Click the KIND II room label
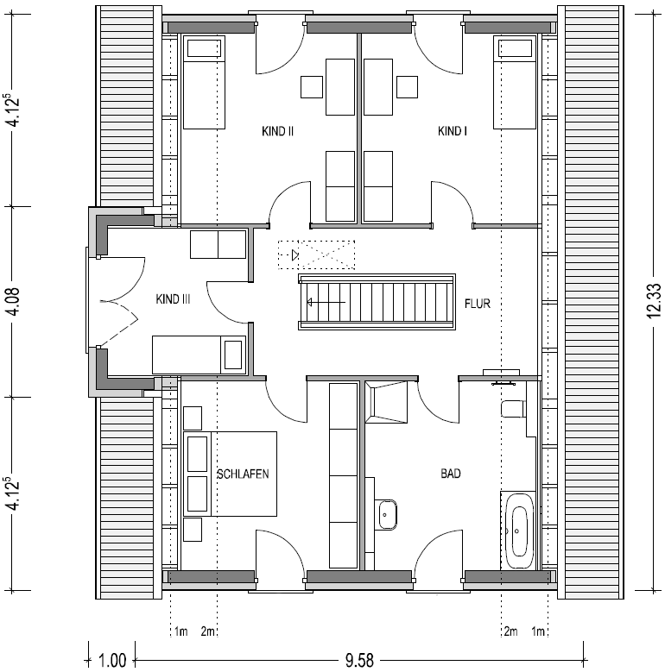click(x=277, y=131)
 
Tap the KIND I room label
click(x=453, y=131)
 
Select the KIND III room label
click(x=173, y=298)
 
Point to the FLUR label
click(x=477, y=304)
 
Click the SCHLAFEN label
click(x=243, y=474)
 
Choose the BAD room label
click(x=451, y=473)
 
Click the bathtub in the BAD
click(x=518, y=531)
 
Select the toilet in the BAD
click(x=513, y=408)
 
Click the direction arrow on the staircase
click(x=326, y=303)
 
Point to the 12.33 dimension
click(x=654, y=302)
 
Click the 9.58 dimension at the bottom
click(x=359, y=661)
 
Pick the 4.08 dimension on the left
click(x=14, y=302)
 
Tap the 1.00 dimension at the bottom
click(x=112, y=661)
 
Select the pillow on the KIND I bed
click(x=515, y=48)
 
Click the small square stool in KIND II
click(x=312, y=87)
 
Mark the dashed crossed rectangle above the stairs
click(x=316, y=255)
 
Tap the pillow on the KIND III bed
click(x=233, y=355)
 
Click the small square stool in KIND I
click(x=407, y=87)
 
